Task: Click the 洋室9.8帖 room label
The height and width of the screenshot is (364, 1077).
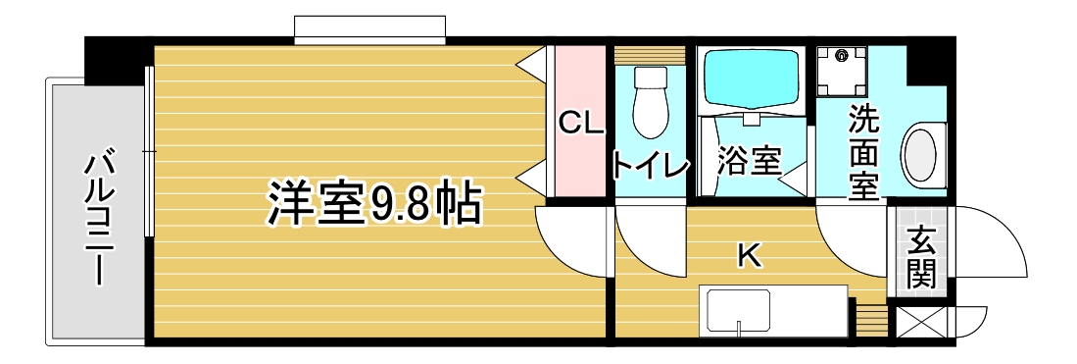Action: click(x=371, y=204)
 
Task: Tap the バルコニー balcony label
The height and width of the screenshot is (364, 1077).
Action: click(x=98, y=220)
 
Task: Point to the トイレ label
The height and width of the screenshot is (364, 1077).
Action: click(x=650, y=165)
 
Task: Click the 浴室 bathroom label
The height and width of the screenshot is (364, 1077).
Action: click(x=750, y=162)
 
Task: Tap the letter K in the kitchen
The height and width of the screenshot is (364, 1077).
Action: click(x=749, y=257)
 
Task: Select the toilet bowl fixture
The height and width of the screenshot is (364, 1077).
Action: click(x=650, y=102)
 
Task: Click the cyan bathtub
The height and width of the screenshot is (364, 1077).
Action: click(x=751, y=79)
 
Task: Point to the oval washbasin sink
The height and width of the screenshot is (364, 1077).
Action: click(x=922, y=153)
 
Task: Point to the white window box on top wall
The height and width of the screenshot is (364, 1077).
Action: click(x=370, y=28)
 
